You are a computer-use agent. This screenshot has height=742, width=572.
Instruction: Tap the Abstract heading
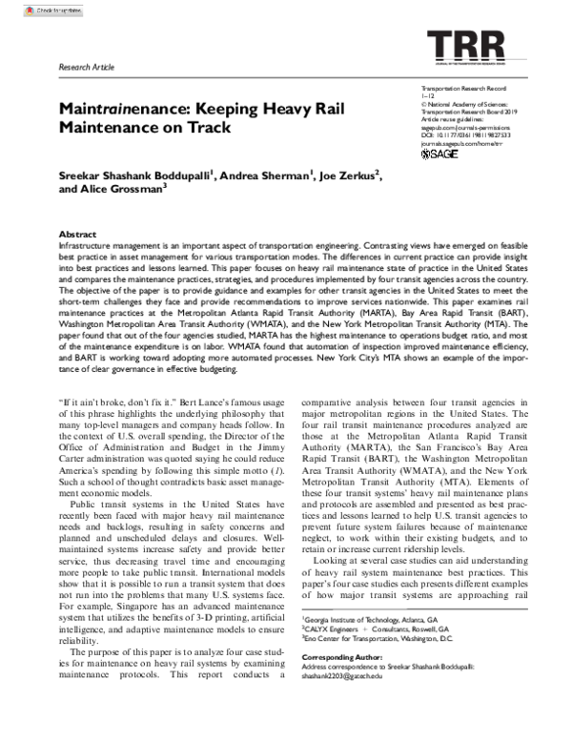click(x=77, y=234)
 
